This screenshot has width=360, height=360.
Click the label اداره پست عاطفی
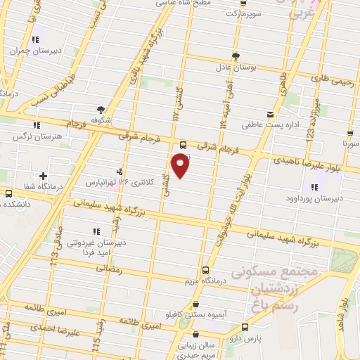(x=274, y=126)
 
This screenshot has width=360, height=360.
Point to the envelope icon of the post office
(x=271, y=113)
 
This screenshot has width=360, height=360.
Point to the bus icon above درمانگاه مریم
(x=205, y=269)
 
